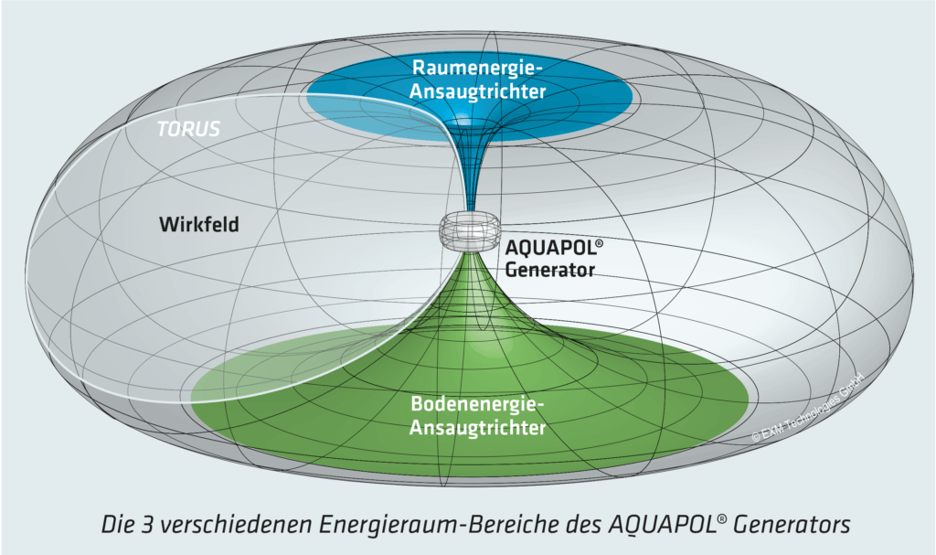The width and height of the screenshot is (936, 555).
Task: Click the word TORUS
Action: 188,129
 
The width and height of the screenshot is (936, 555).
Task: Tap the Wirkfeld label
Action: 198,224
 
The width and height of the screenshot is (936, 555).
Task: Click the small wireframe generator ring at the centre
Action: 468,231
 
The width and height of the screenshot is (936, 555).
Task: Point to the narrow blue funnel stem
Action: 468,183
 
